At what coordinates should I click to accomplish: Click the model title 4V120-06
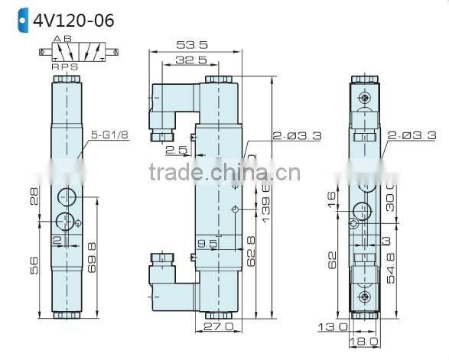tap(73, 19)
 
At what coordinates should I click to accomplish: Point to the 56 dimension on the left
tap(33, 264)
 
